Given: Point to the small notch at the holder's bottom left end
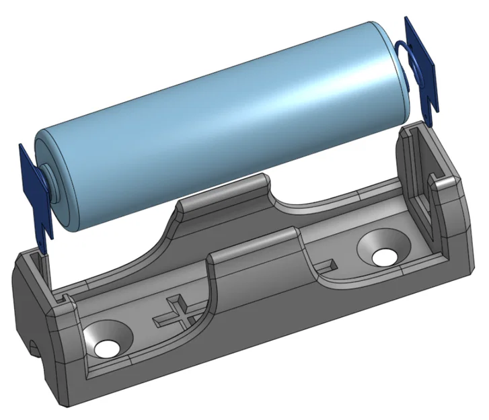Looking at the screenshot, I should [34, 347].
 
